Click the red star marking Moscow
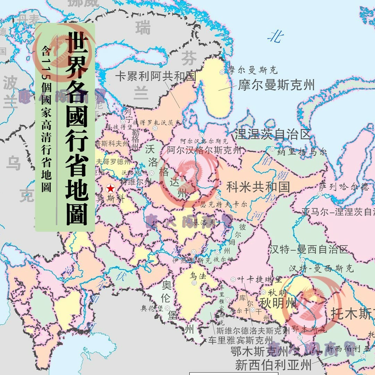point(110,189)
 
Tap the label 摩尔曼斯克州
point(276,85)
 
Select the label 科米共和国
point(258,187)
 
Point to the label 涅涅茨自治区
point(272,134)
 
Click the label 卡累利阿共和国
point(156,76)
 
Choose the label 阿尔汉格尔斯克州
point(204,150)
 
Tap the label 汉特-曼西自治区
point(309,249)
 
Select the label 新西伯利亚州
point(273,365)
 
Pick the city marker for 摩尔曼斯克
point(222,72)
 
